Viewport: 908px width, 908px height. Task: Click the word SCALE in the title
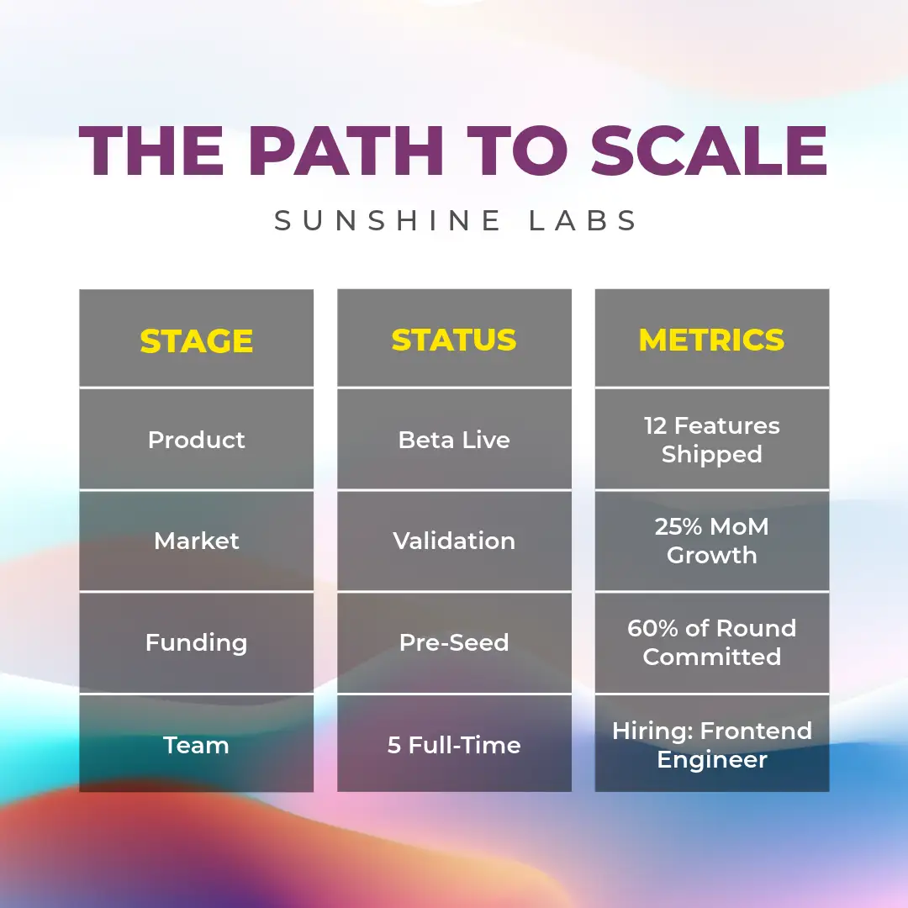coord(709,150)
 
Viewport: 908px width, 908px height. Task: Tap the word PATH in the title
coord(346,150)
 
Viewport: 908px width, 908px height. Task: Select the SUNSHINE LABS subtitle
coord(455,220)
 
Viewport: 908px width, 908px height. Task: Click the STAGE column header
coord(196,340)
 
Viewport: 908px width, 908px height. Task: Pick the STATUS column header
coord(454,340)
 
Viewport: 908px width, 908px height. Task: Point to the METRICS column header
coord(712,340)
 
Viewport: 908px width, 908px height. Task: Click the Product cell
coord(196,440)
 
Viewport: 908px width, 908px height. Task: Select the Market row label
coord(196,541)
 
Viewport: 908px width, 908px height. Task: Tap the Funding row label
coord(196,643)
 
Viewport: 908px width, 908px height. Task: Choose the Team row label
coord(196,745)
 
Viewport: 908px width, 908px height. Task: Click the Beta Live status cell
coord(454,440)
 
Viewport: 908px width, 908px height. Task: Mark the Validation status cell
coord(454,541)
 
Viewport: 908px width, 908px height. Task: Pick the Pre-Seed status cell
coord(454,643)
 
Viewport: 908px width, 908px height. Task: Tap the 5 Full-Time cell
coord(454,745)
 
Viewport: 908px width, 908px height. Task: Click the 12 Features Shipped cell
coord(712,440)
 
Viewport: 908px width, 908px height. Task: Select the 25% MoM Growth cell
coord(712,541)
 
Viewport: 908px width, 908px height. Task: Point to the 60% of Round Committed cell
coord(712,642)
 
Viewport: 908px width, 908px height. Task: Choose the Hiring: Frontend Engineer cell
coord(712,745)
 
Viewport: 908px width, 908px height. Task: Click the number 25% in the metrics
coord(678,527)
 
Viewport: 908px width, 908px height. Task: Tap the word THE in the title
coord(151,150)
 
